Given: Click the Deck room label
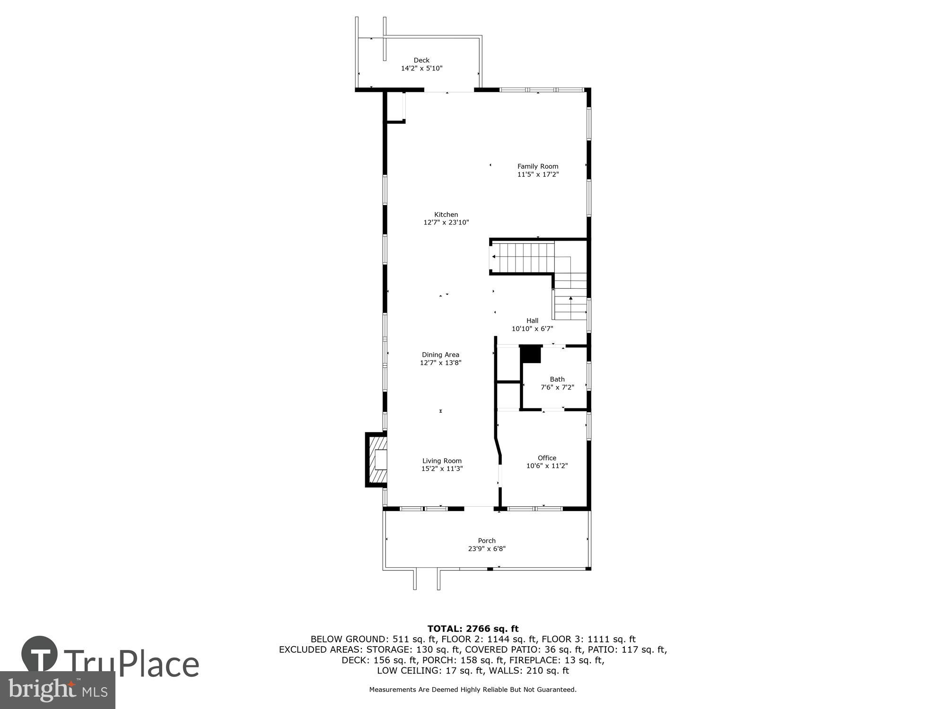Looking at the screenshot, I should click(x=421, y=61).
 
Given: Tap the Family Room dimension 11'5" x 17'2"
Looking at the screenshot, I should click(x=538, y=174).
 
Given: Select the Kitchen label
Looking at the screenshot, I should click(x=446, y=215).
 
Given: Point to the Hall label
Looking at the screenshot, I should click(x=532, y=320).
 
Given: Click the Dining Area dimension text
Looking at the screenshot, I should click(x=440, y=363).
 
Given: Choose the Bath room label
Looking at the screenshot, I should click(x=557, y=379).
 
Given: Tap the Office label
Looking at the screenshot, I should click(x=547, y=458).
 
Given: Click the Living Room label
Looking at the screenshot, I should click(x=442, y=461).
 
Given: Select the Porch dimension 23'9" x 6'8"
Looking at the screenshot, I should click(x=486, y=549).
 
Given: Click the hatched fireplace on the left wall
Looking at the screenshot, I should click(x=377, y=459).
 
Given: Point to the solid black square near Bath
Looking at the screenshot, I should click(x=531, y=354).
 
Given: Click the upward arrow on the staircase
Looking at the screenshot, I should click(x=571, y=299).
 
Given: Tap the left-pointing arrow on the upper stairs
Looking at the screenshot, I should click(x=494, y=257).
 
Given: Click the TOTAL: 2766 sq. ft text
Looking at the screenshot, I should click(x=473, y=629).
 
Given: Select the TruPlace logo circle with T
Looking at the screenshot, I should click(x=40, y=655).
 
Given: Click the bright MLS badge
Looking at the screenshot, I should click(x=57, y=690).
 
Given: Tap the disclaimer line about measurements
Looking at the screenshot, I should click(x=473, y=690).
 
